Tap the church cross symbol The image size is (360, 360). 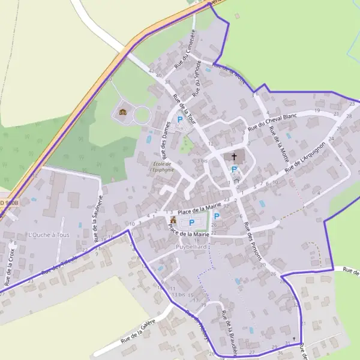pos(234,157)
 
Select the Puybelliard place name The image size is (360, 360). pos(191,247)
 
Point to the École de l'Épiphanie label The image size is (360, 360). pos(163,167)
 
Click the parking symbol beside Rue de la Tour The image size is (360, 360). pos(179,120)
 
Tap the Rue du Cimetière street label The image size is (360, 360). pos(185,48)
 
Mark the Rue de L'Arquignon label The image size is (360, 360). pos(305,157)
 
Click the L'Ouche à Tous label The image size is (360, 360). pos(49,235)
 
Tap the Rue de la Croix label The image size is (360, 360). pos(10,266)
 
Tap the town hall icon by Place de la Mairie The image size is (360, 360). pos(173,221)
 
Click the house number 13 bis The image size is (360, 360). pos(178,295)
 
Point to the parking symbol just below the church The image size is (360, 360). pos(234,170)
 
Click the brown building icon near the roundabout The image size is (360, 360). pos(123,112)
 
